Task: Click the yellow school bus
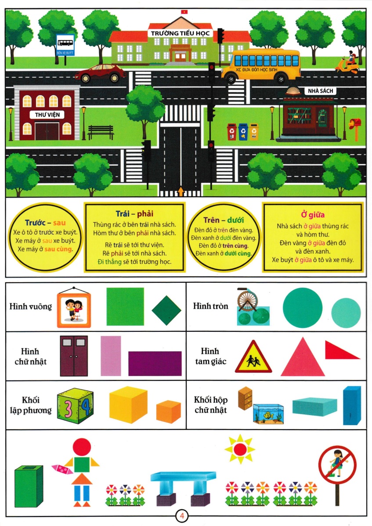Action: [261, 66]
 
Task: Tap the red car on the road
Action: [101, 73]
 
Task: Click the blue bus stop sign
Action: [65, 45]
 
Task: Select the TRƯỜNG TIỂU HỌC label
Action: [180, 33]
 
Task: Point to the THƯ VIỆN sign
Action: [47, 114]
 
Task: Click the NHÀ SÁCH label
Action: [320, 91]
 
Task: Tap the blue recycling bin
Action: [243, 132]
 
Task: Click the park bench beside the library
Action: [101, 132]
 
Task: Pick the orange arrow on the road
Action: [181, 191]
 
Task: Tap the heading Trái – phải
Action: [134, 214]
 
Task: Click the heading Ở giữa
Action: [313, 214]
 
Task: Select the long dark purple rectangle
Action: [155, 363]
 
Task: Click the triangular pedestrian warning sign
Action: [253, 357]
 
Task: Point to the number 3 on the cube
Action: [68, 409]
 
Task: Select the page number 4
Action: [182, 515]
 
